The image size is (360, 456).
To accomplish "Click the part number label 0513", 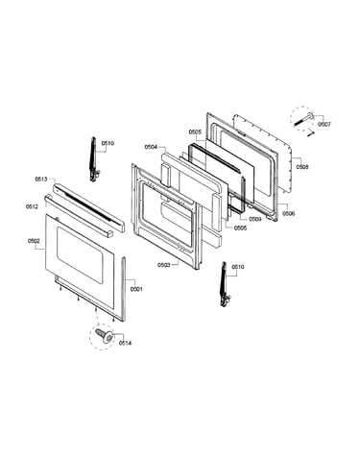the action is (41, 180).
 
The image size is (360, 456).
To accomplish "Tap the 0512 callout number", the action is (32, 206).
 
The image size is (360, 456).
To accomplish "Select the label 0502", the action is (34, 241).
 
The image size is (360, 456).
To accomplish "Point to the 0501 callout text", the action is (136, 289).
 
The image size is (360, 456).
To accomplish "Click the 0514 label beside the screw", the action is (125, 343).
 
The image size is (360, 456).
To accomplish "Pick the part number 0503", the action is (163, 265).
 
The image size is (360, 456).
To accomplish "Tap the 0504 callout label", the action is (151, 147).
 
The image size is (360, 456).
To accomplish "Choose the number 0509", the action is (255, 219).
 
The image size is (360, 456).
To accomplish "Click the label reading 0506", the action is (288, 214).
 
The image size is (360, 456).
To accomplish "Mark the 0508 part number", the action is (302, 167).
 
